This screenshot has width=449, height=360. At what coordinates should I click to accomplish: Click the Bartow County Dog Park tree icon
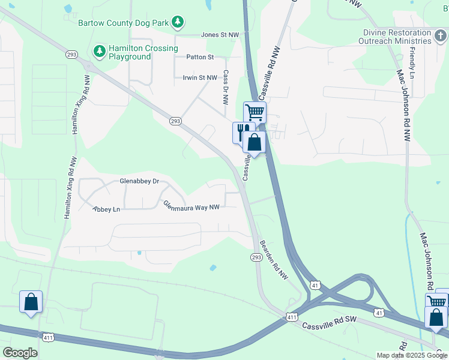tap(177, 23)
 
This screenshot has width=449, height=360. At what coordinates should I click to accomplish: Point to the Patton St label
tap(200, 57)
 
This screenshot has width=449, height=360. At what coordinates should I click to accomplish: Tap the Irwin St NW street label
tap(200, 77)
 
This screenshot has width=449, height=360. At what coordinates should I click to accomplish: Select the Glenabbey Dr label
tap(139, 181)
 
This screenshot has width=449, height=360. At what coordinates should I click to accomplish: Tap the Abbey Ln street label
tap(106, 209)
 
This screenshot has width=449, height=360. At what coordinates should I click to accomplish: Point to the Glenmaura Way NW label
tap(191, 206)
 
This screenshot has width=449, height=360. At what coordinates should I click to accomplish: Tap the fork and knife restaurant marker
tap(242, 131)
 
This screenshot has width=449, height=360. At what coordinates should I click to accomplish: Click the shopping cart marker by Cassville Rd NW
tap(255, 112)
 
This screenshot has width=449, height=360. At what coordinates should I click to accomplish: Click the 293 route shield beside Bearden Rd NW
tap(256, 257)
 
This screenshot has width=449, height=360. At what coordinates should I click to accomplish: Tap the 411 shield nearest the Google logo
tap(49, 338)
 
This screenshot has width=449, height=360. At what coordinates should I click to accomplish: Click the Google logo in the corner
tap(20, 352)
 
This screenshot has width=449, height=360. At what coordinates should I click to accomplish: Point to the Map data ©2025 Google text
tap(412, 355)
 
